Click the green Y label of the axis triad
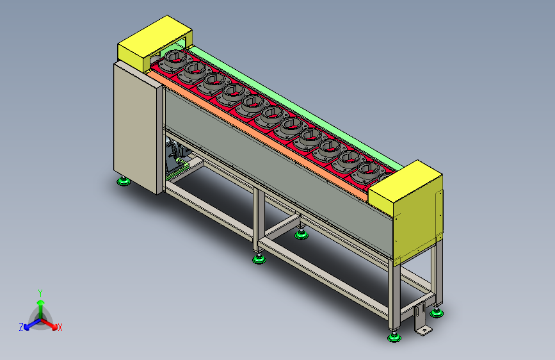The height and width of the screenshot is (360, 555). click(x=40, y=293)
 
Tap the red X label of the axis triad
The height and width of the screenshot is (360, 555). click(x=60, y=327)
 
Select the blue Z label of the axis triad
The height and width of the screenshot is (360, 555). click(x=21, y=327)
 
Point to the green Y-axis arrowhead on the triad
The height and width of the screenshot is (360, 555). click(x=41, y=302)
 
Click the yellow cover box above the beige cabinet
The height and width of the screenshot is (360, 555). click(x=154, y=44)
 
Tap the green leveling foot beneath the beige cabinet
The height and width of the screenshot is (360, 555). click(x=124, y=182)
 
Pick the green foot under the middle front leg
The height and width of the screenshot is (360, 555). click(x=259, y=259)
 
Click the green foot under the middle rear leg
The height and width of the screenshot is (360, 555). click(x=302, y=234)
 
